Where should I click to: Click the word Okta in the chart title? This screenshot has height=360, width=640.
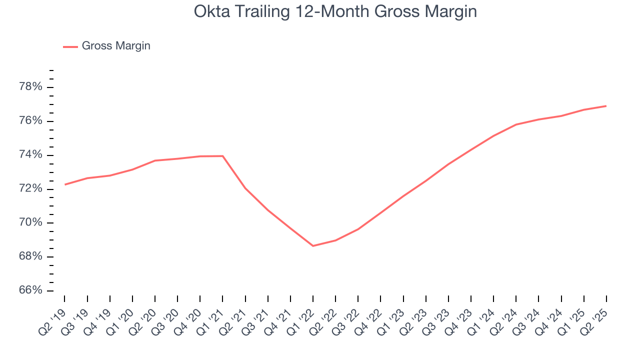[x=209, y=11]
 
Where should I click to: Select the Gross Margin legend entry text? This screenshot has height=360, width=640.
[x=116, y=46]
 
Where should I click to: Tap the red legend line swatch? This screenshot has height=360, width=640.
[x=70, y=46]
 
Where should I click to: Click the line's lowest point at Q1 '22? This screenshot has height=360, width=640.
[x=313, y=246]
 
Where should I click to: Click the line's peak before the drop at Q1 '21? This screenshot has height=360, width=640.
[x=222, y=156]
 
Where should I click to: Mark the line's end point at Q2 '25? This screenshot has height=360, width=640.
[x=606, y=106]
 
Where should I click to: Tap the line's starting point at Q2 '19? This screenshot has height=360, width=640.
[x=65, y=184]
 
